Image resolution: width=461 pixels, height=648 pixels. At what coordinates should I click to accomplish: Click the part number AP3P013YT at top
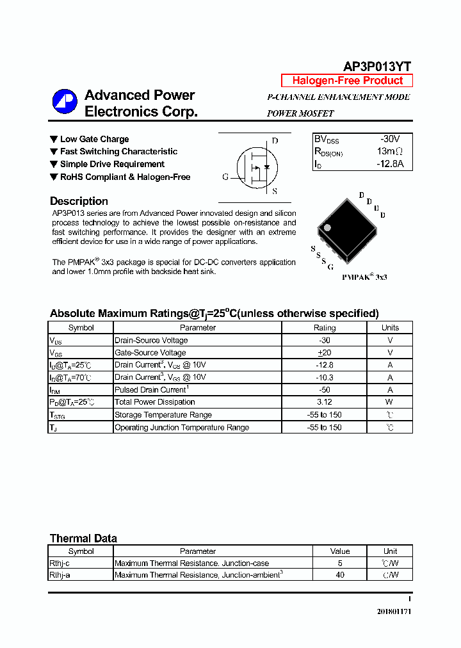point(377,67)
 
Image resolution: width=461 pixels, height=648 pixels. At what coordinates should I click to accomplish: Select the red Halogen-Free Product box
point(347,81)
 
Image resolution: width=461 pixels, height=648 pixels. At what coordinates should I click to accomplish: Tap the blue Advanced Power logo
point(65,102)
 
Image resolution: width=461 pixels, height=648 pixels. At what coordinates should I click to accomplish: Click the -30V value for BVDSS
point(389,139)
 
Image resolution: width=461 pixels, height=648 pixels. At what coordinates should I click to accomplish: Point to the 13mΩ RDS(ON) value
point(389,152)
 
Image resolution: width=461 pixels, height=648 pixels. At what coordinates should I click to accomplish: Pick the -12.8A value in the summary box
point(390,164)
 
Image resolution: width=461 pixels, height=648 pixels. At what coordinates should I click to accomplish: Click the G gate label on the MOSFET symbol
point(225,177)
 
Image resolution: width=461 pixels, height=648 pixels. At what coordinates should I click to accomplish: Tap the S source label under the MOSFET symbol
point(274,191)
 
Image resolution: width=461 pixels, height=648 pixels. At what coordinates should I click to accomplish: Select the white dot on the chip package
point(327,227)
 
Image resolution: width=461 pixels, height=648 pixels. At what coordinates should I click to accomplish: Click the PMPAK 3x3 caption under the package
point(364,277)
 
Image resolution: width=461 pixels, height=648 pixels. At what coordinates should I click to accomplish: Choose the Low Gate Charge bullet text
point(94,139)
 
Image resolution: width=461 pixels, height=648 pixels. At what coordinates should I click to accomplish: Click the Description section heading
point(79,201)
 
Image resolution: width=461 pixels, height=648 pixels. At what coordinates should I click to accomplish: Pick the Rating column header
point(324,328)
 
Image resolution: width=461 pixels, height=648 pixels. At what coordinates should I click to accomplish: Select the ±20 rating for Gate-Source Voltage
point(324,353)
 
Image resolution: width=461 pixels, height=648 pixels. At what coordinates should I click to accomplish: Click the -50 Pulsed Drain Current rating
point(324,390)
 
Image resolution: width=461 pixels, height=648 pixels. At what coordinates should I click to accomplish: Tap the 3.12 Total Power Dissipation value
point(324,402)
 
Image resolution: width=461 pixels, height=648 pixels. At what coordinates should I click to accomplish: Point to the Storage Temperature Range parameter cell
point(163,415)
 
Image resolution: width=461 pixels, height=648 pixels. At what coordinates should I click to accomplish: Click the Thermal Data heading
point(83,539)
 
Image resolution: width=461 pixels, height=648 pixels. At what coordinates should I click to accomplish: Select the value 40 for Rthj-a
point(339,575)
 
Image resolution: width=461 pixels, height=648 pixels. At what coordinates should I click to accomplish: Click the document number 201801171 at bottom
point(394,612)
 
